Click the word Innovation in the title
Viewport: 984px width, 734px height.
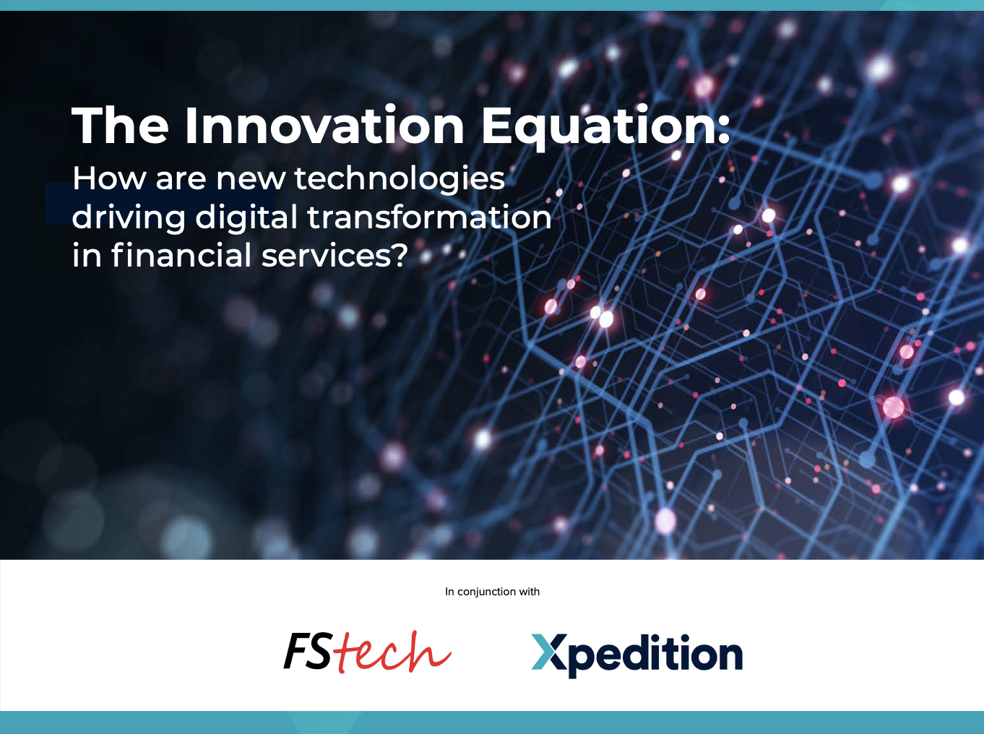click(x=324, y=126)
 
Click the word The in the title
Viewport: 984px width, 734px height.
click(x=120, y=126)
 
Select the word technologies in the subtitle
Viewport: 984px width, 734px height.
click(x=400, y=180)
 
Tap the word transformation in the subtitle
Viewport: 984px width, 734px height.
click(x=429, y=217)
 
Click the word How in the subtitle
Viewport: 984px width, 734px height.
click(x=109, y=178)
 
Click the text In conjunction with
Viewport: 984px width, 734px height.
click(x=492, y=592)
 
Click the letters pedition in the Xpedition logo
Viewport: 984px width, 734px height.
click(x=655, y=655)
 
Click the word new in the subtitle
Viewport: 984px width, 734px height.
click(x=251, y=180)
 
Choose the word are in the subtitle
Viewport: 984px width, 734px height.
click(x=181, y=180)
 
